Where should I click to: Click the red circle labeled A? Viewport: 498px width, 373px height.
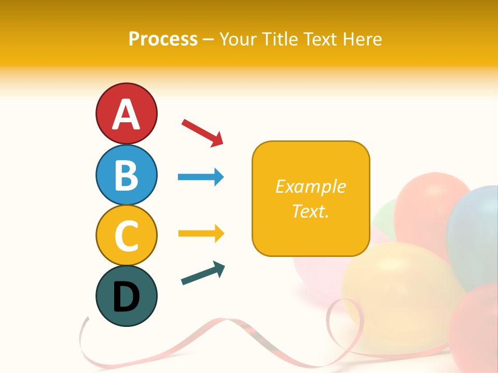click(x=126, y=113)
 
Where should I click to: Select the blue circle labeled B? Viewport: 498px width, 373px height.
click(x=126, y=175)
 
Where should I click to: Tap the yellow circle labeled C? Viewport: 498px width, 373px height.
click(x=126, y=235)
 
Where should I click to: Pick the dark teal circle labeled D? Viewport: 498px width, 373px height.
click(x=126, y=296)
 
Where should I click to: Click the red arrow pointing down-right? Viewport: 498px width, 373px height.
click(x=202, y=132)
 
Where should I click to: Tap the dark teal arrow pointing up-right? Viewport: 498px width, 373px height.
click(x=202, y=273)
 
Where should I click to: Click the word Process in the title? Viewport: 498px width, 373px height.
click(x=163, y=39)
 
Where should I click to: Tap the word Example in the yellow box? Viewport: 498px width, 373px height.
click(x=310, y=187)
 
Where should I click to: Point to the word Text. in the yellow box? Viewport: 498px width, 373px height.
click(x=310, y=211)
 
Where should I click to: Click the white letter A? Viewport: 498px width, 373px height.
click(x=126, y=114)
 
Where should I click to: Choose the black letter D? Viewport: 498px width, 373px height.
click(x=126, y=297)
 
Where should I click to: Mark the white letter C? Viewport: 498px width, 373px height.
click(x=126, y=236)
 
